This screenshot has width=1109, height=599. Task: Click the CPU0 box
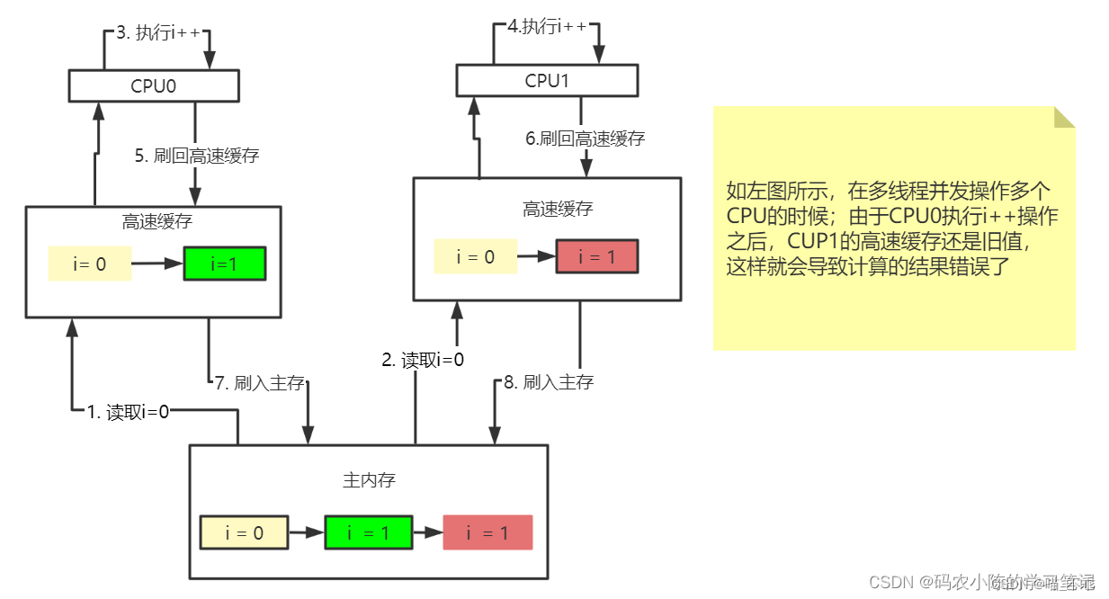coord(154,85)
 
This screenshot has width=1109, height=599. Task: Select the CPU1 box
coord(547,81)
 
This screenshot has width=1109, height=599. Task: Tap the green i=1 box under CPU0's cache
coord(224,264)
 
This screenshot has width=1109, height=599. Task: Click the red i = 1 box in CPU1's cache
coord(596,256)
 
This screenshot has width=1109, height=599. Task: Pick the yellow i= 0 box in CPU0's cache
coord(90,264)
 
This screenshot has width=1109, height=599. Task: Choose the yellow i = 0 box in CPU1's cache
coord(476,256)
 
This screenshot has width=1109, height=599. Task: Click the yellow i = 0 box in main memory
coord(244,532)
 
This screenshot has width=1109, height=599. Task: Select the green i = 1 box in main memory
coord(369,532)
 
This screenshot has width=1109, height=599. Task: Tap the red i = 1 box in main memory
coord(487,532)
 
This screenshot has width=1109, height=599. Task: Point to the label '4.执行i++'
coord(547,27)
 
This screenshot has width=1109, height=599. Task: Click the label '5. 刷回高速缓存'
coord(197,156)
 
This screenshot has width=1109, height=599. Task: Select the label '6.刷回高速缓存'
coord(586,139)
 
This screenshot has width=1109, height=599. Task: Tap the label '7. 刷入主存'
coord(260,383)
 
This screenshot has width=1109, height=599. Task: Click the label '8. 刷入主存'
coord(549,382)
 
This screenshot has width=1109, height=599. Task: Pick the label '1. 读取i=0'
coord(128,412)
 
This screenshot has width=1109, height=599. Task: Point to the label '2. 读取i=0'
coord(423,361)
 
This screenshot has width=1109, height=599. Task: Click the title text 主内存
coord(369,479)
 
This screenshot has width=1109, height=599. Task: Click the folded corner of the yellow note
coord(1064,117)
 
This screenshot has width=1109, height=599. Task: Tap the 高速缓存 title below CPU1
coord(558,209)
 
